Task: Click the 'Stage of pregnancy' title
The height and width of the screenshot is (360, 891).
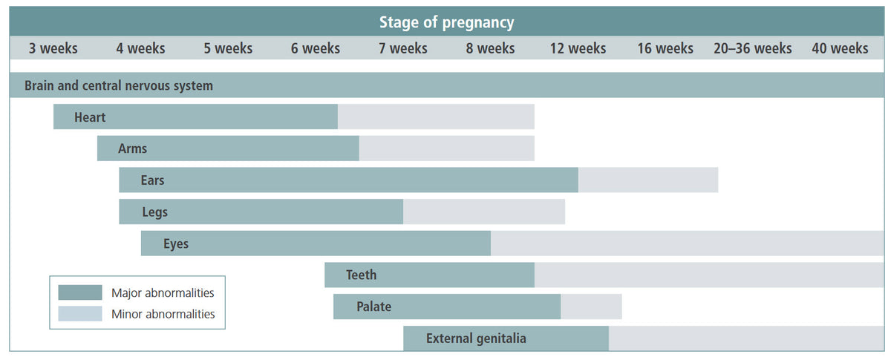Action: [x=446, y=22]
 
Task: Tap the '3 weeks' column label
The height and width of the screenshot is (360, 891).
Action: [x=53, y=48]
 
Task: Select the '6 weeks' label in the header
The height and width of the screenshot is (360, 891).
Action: [x=316, y=48]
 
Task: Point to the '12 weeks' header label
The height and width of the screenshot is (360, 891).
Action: [x=578, y=48]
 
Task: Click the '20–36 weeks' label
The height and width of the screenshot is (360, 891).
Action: [x=753, y=48]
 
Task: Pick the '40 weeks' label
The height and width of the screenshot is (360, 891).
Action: [x=840, y=48]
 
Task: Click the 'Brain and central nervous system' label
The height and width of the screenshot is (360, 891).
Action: [x=119, y=85]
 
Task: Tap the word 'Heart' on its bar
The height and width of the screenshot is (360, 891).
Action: [x=90, y=117]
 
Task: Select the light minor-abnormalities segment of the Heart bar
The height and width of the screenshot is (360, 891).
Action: [x=436, y=117]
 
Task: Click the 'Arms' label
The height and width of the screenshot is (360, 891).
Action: [x=132, y=148]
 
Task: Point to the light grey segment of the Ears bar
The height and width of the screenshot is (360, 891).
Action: [x=648, y=180]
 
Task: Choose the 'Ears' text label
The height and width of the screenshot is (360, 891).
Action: [x=152, y=180]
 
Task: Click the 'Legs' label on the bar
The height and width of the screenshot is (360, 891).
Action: [x=154, y=212]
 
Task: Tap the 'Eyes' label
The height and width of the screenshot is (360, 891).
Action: [x=176, y=244]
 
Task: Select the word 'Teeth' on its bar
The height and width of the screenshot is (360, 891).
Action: [x=361, y=275]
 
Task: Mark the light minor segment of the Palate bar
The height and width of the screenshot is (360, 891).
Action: [x=591, y=307]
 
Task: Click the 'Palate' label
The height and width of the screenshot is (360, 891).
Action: [x=374, y=307]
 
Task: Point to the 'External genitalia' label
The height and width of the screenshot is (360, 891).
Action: [x=476, y=338]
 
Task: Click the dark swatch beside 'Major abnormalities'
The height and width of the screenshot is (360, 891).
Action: [x=80, y=292]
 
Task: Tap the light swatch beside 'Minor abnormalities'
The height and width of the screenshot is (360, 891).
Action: [x=80, y=313]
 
